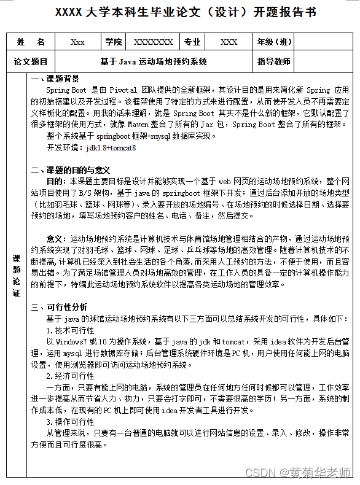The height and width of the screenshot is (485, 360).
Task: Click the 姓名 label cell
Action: coord(31,42)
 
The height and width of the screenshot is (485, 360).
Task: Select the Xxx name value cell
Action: coord(77,42)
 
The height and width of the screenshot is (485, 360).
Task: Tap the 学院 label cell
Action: coord(114,42)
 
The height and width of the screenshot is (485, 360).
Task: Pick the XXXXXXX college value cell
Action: coord(154,42)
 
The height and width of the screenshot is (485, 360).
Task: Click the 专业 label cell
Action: coord(192,42)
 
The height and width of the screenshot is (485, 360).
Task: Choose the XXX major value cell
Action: coord(229,42)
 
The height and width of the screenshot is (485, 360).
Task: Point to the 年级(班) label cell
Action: coord(275,42)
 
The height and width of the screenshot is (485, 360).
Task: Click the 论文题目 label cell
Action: coord(31,62)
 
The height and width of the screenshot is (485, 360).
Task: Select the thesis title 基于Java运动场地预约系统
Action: coord(154,62)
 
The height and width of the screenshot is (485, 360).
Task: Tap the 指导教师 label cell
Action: coord(274,62)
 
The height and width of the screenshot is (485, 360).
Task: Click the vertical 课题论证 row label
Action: coord(17,276)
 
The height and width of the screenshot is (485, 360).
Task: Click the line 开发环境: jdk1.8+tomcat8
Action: coord(91,148)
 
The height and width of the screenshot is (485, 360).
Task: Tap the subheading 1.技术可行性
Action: coord(71,330)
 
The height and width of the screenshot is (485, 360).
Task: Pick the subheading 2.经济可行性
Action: coord(71,376)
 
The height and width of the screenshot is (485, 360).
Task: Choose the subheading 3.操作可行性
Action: coord(71,422)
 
